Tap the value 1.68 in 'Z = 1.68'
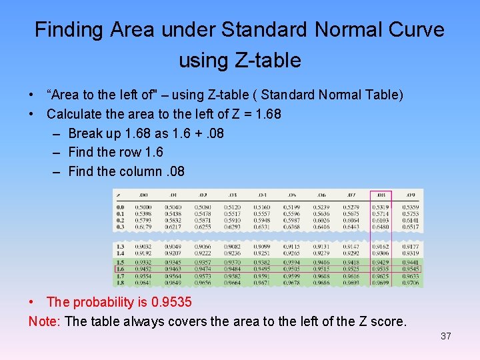266,114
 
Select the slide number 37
446,336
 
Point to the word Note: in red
45,321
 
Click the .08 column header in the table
381,195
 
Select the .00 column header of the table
143,195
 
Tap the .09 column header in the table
410,195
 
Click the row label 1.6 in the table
120,269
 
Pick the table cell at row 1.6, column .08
381,269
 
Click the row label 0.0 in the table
120,207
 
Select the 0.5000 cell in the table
143,207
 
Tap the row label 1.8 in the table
120,282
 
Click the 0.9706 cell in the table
411,282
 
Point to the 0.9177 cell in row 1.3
411,247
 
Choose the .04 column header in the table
262,195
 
